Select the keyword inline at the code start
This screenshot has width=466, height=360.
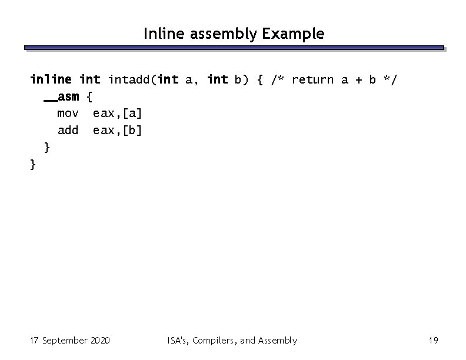[x=51, y=79]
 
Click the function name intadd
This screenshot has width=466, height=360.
[x=129, y=79]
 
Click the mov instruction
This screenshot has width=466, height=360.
[x=68, y=112]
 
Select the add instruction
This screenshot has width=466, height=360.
[x=68, y=130]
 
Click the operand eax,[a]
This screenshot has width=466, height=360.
[x=117, y=112]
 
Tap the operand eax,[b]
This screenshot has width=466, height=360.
[x=117, y=130]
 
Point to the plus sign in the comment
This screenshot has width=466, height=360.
[x=355, y=79]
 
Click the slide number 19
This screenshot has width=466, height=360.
[x=434, y=341]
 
